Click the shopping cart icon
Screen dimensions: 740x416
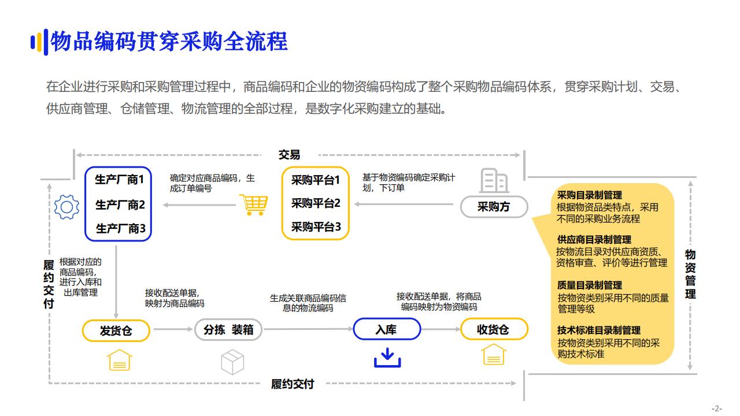pos(253,205)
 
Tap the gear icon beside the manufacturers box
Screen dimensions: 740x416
pos(66,206)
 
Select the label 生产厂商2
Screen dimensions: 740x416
pos(120,205)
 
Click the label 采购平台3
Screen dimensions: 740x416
pos(316,226)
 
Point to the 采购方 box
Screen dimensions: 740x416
pos(494,207)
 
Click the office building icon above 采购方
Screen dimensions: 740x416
pos(494,181)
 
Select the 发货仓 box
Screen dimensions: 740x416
pos(116,330)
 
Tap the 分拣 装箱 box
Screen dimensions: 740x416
pos(228,330)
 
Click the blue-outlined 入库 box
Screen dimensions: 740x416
pos(386,329)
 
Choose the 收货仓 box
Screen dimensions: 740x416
pos(494,329)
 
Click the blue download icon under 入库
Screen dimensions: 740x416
pos(387,358)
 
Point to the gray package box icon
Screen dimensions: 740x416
pos(232,361)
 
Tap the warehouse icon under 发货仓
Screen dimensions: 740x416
pos(120,359)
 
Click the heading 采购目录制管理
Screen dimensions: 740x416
pos(590,195)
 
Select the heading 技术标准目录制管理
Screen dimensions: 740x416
pos(599,330)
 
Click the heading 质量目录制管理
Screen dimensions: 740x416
pos(590,285)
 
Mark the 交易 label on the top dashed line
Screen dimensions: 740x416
pos(289,155)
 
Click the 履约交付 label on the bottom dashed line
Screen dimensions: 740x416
pos(293,384)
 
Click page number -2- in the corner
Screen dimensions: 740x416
pos(716,408)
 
